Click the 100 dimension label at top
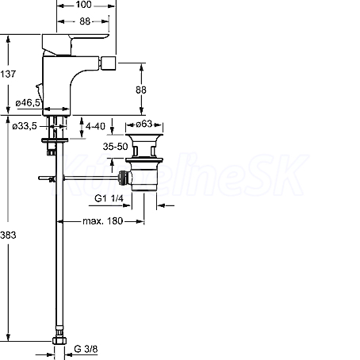83,5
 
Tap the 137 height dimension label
8,74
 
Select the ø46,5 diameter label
28,102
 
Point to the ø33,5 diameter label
25,126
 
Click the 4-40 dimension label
95,126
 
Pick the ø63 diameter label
144,124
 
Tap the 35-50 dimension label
115,146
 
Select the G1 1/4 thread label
109,198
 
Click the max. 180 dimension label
103,220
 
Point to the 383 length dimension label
8,235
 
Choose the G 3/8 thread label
86,349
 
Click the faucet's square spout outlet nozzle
109,63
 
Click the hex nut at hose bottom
59,341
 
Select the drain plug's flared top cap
144,138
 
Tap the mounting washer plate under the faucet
55,140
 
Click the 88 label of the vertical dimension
141,90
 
